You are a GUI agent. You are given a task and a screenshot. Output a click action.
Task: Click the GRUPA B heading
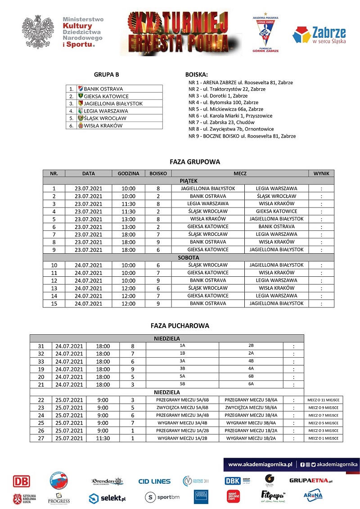[106, 75]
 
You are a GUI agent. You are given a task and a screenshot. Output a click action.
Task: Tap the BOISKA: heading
[197, 75]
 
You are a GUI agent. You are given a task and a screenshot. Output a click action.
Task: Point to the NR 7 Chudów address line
[221, 122]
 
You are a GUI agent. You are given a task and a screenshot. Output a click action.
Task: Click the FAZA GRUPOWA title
[189, 162]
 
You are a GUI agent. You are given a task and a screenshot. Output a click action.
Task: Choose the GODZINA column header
[128, 173]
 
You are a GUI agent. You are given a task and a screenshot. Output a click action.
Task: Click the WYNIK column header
[321, 173]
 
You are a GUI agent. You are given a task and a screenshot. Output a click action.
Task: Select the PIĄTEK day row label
[189, 180]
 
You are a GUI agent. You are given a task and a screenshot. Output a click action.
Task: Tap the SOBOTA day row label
[189, 257]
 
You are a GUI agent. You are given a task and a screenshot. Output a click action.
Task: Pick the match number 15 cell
[54, 303]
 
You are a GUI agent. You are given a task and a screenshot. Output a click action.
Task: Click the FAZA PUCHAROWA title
[180, 326]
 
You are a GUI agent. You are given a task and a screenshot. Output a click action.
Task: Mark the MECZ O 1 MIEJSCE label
[324, 438]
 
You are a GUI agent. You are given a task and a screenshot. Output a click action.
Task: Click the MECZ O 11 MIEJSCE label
[324, 400]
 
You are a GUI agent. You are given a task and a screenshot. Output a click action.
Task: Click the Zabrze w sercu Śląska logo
[319, 36]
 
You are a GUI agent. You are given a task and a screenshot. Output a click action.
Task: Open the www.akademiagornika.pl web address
[261, 464]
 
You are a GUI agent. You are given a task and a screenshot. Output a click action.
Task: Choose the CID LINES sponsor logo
[154, 482]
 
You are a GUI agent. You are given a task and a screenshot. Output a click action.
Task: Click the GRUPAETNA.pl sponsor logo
[310, 481]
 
